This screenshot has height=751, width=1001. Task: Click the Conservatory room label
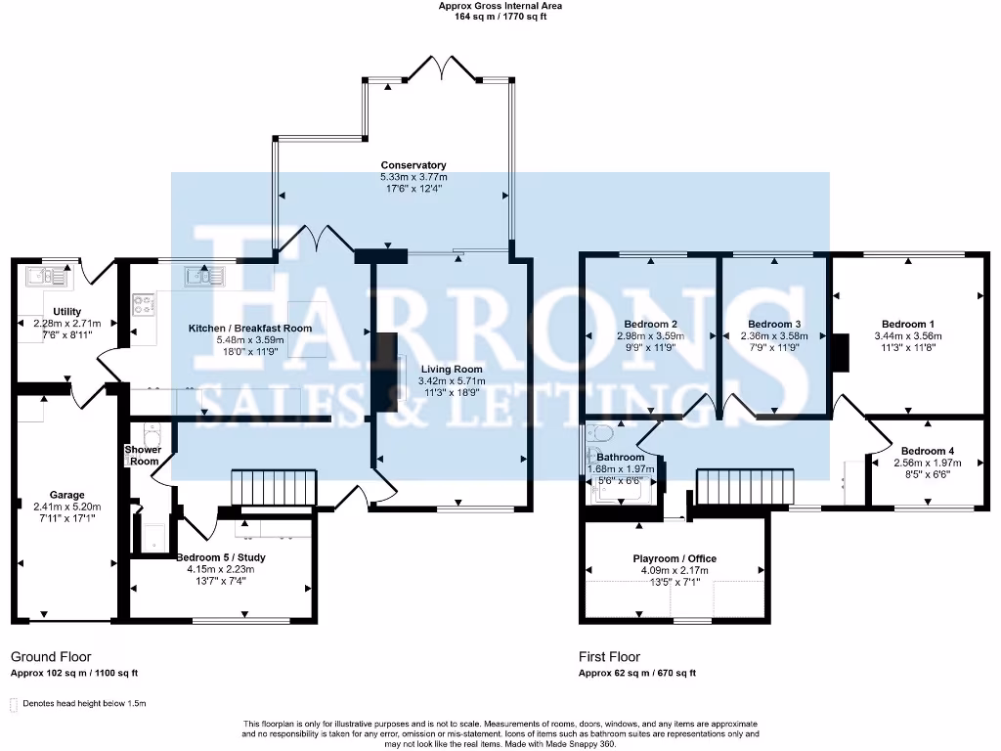[413, 165]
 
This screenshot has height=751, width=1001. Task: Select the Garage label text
[67, 495]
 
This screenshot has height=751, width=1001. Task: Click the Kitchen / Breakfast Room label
[250, 329]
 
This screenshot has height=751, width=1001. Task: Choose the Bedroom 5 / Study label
[221, 557]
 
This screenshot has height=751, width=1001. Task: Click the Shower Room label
[142, 456]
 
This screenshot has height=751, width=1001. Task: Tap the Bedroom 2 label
[651, 324]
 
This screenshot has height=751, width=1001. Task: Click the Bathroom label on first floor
[621, 457]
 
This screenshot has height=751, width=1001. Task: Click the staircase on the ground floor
[274, 487]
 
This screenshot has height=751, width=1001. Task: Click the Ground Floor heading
[51, 657]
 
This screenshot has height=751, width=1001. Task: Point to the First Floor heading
[609, 657]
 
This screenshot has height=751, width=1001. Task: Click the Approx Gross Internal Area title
[500, 6]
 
